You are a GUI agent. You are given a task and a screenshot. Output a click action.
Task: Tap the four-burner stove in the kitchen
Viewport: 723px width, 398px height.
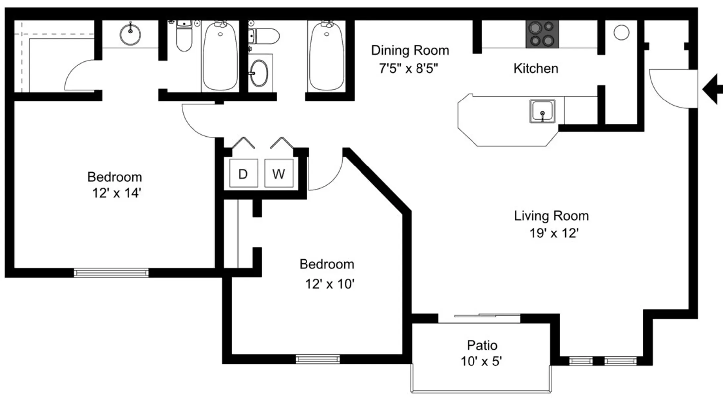coord(542,34)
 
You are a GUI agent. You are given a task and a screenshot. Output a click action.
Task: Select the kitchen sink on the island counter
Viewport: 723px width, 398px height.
coord(542,111)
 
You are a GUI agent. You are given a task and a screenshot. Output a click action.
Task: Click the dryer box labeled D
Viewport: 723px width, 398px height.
coord(244,173)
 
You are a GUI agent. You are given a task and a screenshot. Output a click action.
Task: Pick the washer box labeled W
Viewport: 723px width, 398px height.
coord(279,173)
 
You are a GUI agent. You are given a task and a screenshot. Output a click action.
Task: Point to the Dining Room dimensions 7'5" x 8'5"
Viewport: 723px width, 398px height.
coord(408,69)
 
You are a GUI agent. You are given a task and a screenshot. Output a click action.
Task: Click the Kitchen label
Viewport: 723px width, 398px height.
coord(536,68)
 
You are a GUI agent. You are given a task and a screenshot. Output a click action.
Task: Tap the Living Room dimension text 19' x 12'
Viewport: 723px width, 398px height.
coord(554,233)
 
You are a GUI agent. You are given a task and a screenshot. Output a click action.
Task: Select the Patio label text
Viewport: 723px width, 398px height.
coord(482,345)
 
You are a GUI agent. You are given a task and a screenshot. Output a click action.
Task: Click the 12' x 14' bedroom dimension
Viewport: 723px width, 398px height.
coord(117,193)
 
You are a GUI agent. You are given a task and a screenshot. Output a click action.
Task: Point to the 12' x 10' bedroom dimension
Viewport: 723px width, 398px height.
coord(330,284)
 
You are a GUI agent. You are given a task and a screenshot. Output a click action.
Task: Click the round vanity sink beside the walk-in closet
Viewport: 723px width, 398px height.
coord(130,34)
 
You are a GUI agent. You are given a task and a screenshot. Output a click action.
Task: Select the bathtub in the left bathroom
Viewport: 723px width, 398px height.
coord(220,55)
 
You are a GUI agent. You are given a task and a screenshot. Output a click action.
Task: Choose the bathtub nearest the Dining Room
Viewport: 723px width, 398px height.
coord(326,55)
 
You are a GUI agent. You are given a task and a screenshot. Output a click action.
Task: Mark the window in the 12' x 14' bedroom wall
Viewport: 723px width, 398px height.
coord(111,273)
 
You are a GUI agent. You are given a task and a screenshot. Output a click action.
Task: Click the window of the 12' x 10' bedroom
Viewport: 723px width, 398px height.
coord(317,359)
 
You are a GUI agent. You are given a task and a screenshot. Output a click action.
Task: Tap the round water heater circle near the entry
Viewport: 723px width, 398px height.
coord(621,33)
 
